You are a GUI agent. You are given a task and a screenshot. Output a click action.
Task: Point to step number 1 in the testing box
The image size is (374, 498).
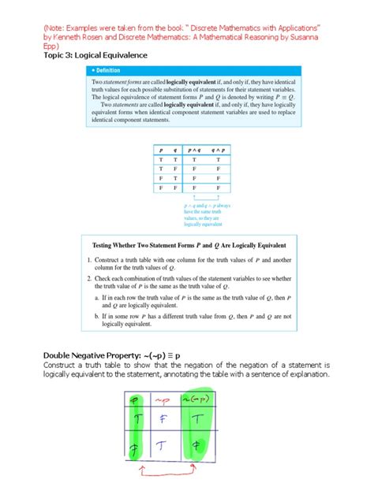[88, 260]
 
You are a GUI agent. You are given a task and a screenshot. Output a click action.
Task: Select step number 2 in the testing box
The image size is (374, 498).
[88, 279]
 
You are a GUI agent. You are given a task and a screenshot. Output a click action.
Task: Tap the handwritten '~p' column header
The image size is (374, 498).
[164, 400]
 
